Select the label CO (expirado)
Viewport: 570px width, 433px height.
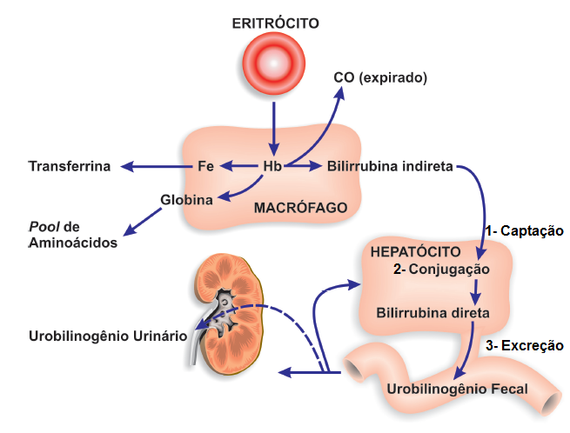380,77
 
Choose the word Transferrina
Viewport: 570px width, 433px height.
70,166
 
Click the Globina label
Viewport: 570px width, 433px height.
187,199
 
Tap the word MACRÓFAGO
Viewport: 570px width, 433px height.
296,209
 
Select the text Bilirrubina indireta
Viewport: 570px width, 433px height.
389,166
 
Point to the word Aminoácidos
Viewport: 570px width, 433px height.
72,243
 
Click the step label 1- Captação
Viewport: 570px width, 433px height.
526,230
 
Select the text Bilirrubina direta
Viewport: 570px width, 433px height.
433,311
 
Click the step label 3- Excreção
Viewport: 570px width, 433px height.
525,345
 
